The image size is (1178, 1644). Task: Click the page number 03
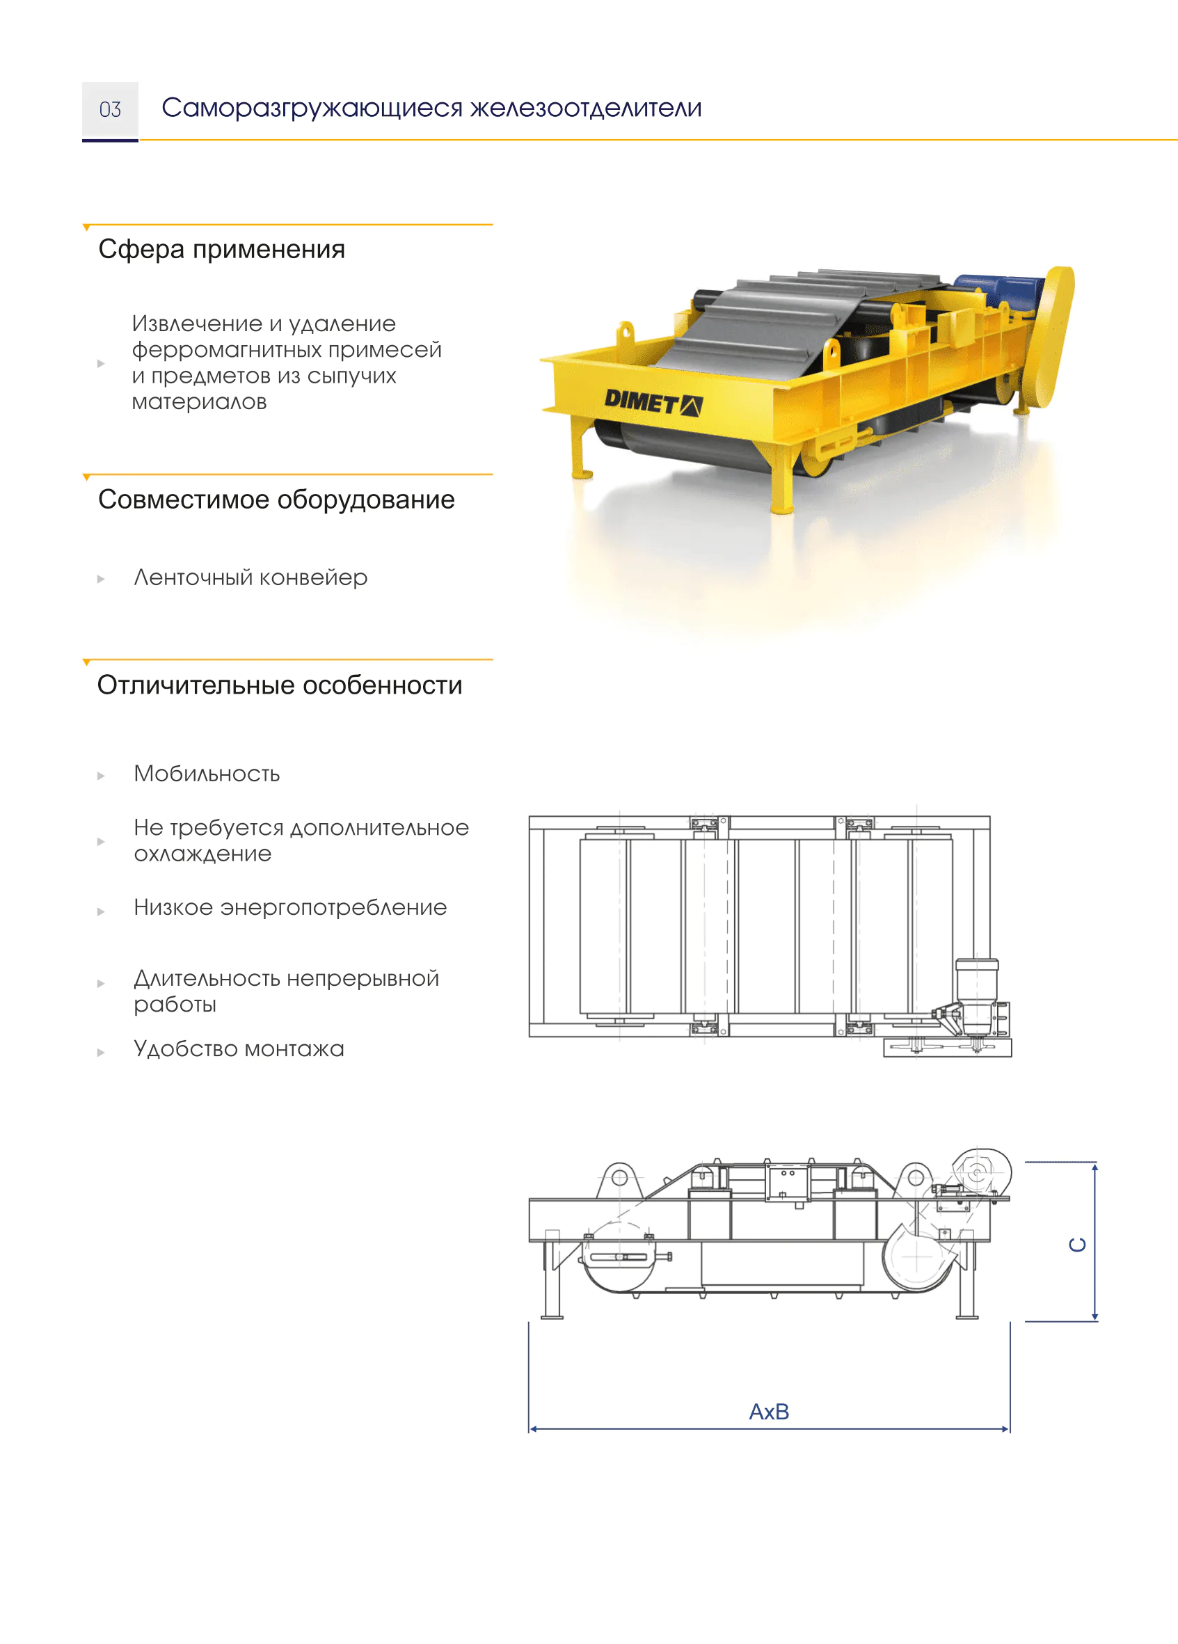point(110,109)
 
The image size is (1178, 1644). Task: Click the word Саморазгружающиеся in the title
point(312,109)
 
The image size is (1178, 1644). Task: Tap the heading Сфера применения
point(222,249)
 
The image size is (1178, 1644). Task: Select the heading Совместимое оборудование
point(276,500)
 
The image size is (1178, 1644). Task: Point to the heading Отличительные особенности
point(280,685)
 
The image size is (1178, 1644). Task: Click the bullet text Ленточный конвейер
point(250,577)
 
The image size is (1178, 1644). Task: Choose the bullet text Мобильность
point(207,774)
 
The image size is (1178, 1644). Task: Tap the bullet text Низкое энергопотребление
point(290,908)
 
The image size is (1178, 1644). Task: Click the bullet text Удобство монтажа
point(239,1049)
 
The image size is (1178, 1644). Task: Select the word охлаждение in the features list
point(203,854)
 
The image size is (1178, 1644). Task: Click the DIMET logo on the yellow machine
point(653,401)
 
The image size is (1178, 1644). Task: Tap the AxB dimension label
point(769,1412)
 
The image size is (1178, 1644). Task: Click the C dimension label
point(1078,1245)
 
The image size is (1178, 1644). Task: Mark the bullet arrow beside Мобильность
point(101,776)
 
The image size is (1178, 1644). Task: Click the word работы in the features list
point(175,1005)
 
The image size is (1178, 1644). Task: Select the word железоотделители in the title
point(587,109)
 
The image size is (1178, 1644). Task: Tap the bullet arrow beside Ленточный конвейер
point(101,579)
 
